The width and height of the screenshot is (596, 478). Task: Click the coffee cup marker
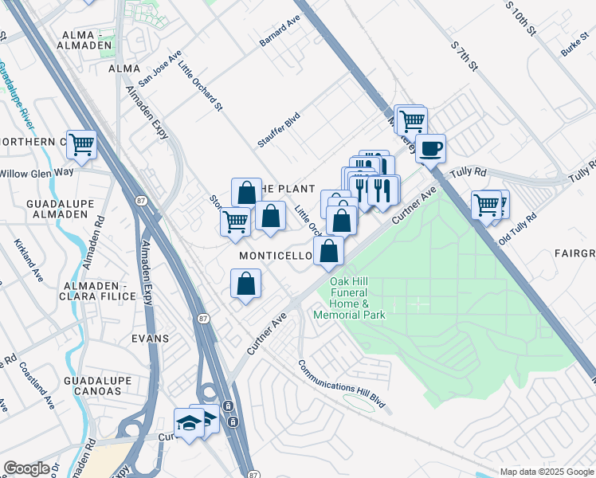pos(430,148)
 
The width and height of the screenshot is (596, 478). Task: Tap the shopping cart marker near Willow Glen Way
pos(81,145)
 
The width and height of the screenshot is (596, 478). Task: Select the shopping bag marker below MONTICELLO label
pos(245,284)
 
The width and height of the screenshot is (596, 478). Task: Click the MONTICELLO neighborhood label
pos(276,255)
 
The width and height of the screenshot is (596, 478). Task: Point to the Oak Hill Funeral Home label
pos(350,298)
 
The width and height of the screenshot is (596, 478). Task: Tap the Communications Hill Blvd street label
pos(342,386)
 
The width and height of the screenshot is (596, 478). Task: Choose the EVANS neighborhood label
pos(151,339)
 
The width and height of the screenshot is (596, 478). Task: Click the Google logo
pos(26,468)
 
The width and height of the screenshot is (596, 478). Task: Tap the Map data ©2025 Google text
pos(547,472)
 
